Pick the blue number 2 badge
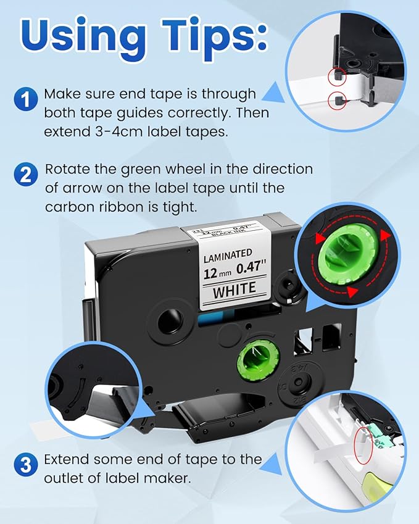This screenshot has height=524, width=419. pos(25,174)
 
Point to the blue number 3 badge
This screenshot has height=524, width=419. pos(25,464)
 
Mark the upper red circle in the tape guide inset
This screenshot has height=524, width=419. pos(336,77)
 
